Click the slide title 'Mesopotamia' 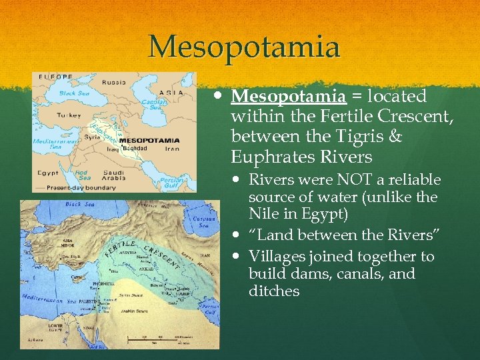coord(244,47)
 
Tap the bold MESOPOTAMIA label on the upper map coord(150,140)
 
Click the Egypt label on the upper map coord(48,172)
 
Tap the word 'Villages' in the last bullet coord(275,257)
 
